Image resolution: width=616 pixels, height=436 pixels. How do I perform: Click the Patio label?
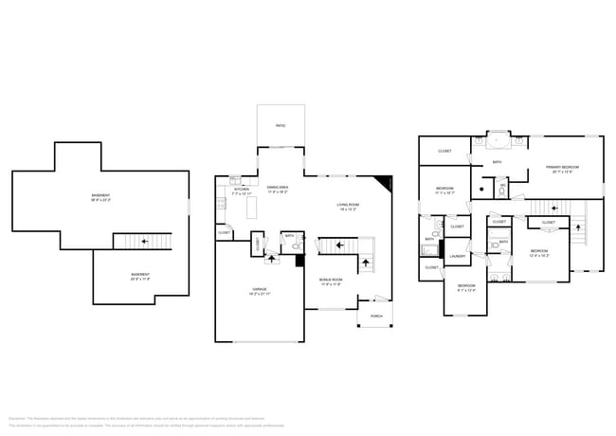pyautogui.click(x=281, y=125)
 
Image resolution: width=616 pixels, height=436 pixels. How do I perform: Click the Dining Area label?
pyautogui.click(x=278, y=189)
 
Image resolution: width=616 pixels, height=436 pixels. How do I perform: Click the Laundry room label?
pyautogui.click(x=456, y=256)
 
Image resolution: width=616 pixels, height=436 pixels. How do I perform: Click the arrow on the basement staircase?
pyautogui.click(x=143, y=242)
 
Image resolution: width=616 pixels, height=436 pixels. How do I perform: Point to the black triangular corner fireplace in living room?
pyautogui.click(x=384, y=182)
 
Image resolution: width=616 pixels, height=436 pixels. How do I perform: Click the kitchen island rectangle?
pyautogui.click(x=251, y=208)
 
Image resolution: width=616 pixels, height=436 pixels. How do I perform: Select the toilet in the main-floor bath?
pyautogui.click(x=297, y=246)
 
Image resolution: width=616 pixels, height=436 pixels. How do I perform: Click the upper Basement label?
pyautogui.click(x=100, y=199)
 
